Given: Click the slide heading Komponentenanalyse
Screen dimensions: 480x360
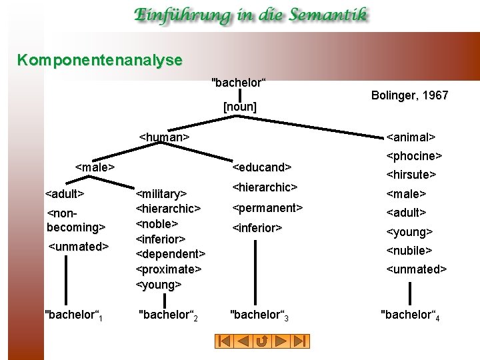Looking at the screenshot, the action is (100, 61).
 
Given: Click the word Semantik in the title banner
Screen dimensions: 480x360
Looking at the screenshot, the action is (325, 15).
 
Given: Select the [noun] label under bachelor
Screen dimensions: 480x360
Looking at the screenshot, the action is (240, 106).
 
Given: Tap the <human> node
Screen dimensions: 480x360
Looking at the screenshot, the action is (164, 137).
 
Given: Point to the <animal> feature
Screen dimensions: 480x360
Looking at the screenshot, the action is (411, 137).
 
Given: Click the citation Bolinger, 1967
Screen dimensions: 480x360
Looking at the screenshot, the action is (409, 95).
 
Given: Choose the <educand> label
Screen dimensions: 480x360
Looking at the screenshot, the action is (262, 167).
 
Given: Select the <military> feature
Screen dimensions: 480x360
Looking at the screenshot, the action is (161, 194).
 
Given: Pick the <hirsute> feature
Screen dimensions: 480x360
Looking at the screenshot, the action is (411, 175).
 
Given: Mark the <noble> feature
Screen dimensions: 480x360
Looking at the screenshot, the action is (158, 224).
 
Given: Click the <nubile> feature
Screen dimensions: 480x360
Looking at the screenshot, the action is (410, 251).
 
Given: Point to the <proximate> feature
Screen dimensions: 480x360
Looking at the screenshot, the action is (168, 269).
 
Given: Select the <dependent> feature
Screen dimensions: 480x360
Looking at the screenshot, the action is (171, 254).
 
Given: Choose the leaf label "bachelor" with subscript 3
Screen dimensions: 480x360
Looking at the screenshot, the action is (259, 314).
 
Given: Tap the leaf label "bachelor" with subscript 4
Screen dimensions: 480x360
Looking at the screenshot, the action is (410, 315).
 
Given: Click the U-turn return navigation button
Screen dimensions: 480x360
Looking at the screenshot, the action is (262, 341).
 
